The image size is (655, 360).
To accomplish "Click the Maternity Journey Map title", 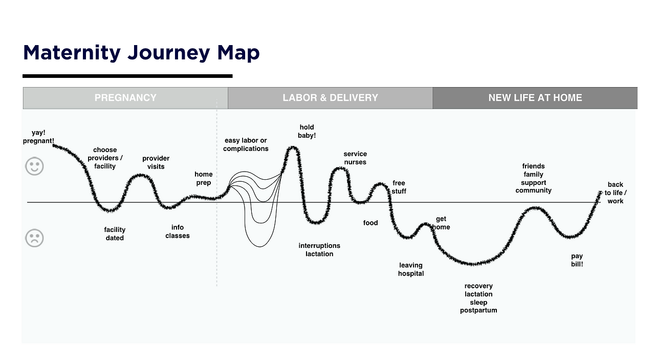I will pyautogui.click(x=141, y=53).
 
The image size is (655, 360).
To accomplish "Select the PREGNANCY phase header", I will pyautogui.click(x=125, y=98).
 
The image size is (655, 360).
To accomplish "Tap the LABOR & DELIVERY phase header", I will pyautogui.click(x=330, y=98).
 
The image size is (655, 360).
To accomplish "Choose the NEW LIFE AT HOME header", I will pyautogui.click(x=535, y=98).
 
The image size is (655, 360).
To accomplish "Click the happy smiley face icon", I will pyautogui.click(x=35, y=166).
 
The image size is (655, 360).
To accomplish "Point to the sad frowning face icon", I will pyautogui.click(x=35, y=238).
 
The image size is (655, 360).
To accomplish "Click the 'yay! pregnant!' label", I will pyautogui.click(x=38, y=137).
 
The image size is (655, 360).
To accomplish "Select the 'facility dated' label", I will pyautogui.click(x=115, y=234).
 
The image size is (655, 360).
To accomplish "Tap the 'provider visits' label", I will pyautogui.click(x=156, y=162).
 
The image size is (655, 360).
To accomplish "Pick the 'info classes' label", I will pyautogui.click(x=178, y=231).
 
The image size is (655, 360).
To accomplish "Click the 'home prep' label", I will pyautogui.click(x=203, y=178).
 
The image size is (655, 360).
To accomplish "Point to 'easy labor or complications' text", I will pyautogui.click(x=246, y=144).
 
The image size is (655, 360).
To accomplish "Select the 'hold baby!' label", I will pyautogui.click(x=307, y=131).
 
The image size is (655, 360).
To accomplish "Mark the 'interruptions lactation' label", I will pyautogui.click(x=319, y=250).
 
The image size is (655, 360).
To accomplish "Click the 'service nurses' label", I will pyautogui.click(x=355, y=158).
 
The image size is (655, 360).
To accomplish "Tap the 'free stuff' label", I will pyautogui.click(x=399, y=187).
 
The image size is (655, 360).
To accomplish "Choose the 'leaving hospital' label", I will pyautogui.click(x=411, y=269).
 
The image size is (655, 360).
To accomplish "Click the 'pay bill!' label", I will pyautogui.click(x=577, y=260).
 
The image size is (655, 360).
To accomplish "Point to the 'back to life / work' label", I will pyautogui.click(x=615, y=193).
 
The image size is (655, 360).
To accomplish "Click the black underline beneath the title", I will pyautogui.click(x=127, y=76).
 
